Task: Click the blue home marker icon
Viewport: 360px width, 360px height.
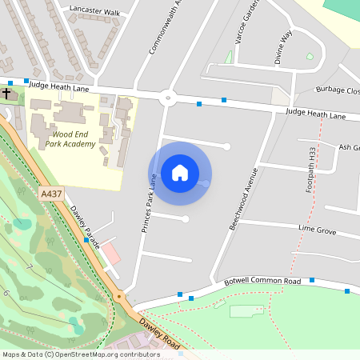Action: [x=180, y=173]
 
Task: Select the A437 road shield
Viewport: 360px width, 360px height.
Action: [x=51, y=194]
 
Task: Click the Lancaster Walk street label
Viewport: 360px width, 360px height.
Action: [x=94, y=13]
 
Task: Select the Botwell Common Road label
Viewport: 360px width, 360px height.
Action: [x=262, y=282]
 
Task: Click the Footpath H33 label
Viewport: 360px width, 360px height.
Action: [x=311, y=170]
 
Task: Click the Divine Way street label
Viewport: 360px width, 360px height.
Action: [x=283, y=47]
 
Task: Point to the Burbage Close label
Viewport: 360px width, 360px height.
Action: [x=338, y=90]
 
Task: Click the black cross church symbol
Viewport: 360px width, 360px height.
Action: [x=6, y=94]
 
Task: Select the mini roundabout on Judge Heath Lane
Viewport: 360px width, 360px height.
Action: [x=168, y=99]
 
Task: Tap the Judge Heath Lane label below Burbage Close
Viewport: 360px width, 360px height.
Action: [x=315, y=114]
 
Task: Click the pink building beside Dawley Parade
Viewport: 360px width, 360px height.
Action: [x=110, y=255]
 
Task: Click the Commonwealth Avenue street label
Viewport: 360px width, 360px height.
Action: [x=161, y=29]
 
